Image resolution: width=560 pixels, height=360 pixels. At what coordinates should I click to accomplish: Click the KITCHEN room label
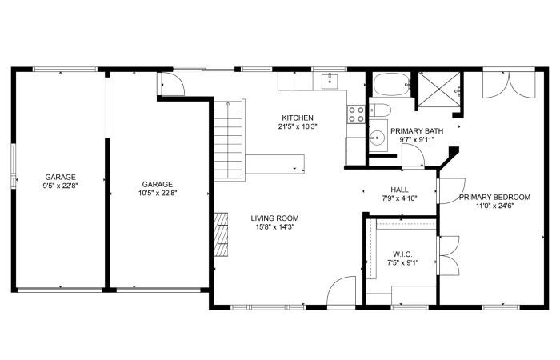point(298,118)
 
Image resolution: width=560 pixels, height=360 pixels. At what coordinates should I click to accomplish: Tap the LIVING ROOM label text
point(274,218)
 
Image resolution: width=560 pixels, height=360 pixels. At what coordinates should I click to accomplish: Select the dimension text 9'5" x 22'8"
point(60,186)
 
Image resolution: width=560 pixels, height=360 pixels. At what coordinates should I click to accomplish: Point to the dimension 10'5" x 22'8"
point(158,194)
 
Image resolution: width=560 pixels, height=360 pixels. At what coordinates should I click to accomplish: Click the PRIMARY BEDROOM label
point(494,197)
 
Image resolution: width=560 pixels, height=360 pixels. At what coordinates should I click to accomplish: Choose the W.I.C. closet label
point(402,254)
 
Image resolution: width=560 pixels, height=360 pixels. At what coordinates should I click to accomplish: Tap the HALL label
point(399,190)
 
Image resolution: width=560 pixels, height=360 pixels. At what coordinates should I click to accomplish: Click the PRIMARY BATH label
point(417,131)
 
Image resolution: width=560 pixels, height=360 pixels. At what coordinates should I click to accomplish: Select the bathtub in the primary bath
point(392,84)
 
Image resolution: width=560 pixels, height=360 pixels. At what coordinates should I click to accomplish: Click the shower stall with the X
point(439,90)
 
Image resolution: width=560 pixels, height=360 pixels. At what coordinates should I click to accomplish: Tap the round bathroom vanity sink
point(377,137)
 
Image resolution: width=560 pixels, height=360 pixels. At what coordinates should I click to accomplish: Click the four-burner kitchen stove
point(356,114)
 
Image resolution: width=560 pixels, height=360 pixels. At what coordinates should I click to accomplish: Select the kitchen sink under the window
point(330,81)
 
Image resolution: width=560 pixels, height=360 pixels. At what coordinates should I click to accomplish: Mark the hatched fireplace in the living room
point(221,234)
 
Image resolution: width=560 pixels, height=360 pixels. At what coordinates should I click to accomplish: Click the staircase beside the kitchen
point(230,140)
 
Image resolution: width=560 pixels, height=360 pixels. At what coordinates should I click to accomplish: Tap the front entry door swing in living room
point(341,290)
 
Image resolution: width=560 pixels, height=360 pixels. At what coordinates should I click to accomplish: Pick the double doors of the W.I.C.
point(448,255)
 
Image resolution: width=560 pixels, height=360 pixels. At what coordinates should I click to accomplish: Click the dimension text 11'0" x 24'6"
point(494,206)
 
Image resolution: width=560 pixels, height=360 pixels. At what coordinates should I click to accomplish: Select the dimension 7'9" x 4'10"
point(399,198)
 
